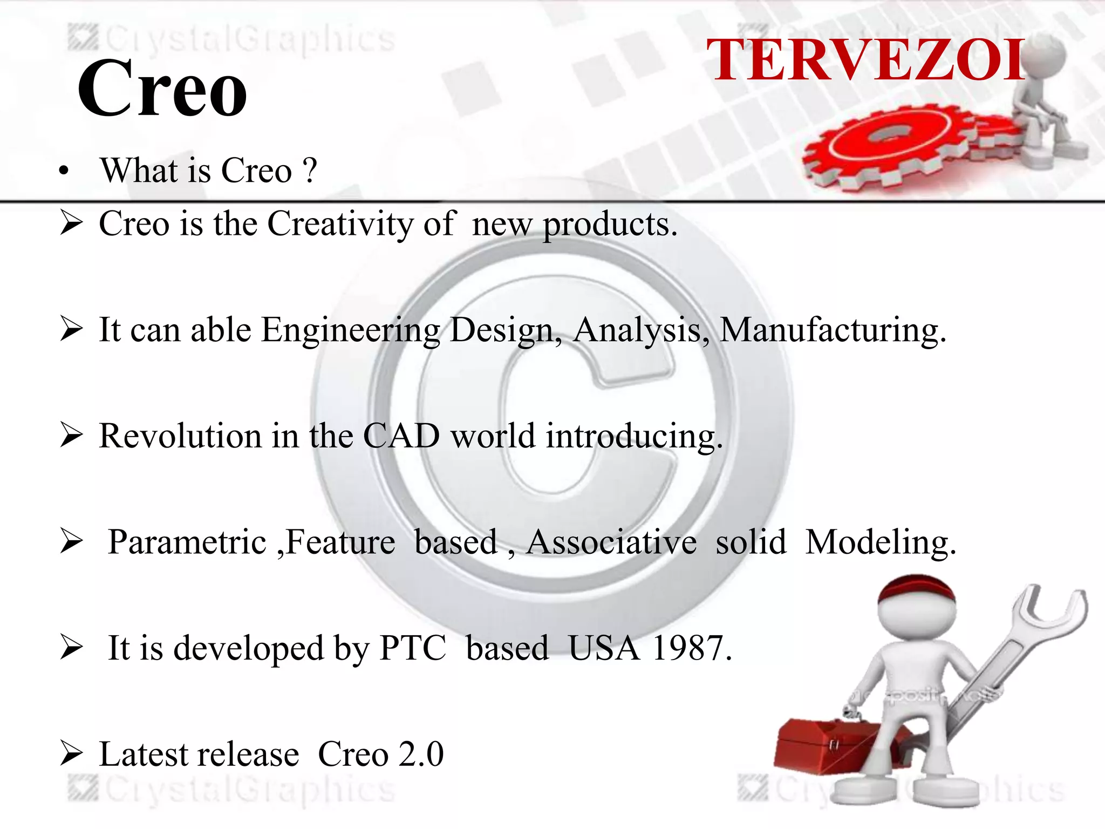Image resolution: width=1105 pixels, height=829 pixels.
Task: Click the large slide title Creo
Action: (162, 89)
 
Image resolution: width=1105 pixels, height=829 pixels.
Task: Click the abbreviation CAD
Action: (401, 436)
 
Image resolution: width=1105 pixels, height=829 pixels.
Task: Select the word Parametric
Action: (187, 542)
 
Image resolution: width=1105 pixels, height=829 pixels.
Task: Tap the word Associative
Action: (611, 542)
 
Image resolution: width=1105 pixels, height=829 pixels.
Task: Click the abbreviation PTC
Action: (413, 648)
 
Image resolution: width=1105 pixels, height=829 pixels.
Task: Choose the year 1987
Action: (691, 648)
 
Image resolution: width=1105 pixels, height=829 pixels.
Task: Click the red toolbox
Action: (826, 745)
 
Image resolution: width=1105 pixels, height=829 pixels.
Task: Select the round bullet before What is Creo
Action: (64, 172)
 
